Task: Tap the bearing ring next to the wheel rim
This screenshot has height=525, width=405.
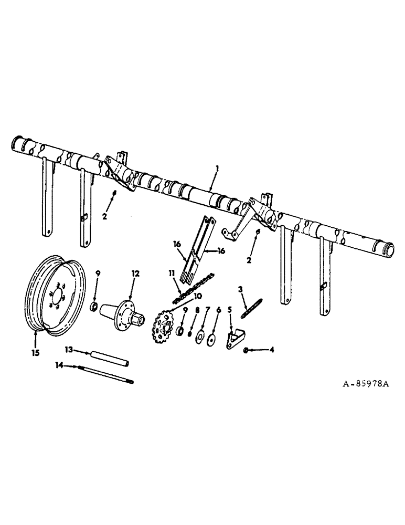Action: click(x=94, y=306)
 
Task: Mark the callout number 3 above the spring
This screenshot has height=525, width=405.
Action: click(x=240, y=289)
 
